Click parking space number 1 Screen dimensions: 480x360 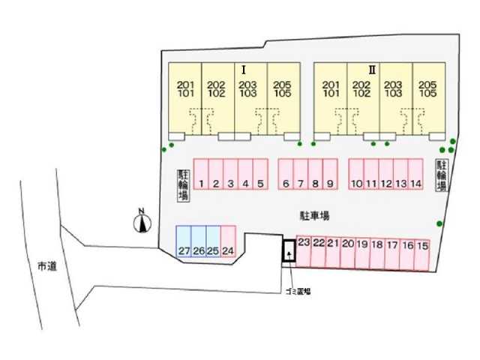tap(201, 174)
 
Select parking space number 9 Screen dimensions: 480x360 tap(330, 174)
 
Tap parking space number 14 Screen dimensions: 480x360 tap(415, 174)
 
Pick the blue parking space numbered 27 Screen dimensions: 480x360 tap(184, 241)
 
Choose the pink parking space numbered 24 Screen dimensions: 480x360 tap(228, 241)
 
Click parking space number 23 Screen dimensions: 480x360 tap(304, 251)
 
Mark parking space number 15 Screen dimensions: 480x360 tap(422, 255)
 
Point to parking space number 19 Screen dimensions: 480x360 tap(362, 253)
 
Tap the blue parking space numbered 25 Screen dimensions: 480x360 tap(213, 241)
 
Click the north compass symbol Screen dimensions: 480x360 tap(142, 221)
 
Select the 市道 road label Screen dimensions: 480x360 tap(47, 266)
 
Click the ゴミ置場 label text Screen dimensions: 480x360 tap(298, 292)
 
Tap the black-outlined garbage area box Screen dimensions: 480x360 tap(289, 250)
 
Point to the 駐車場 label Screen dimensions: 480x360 tap(314, 216)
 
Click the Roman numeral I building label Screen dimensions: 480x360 tap(244, 70)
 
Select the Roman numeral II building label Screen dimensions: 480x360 tap(372, 70)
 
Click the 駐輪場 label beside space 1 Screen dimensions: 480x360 tap(184, 185)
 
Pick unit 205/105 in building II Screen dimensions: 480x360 tap(429, 98)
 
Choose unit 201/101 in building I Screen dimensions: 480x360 tap(185, 98)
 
